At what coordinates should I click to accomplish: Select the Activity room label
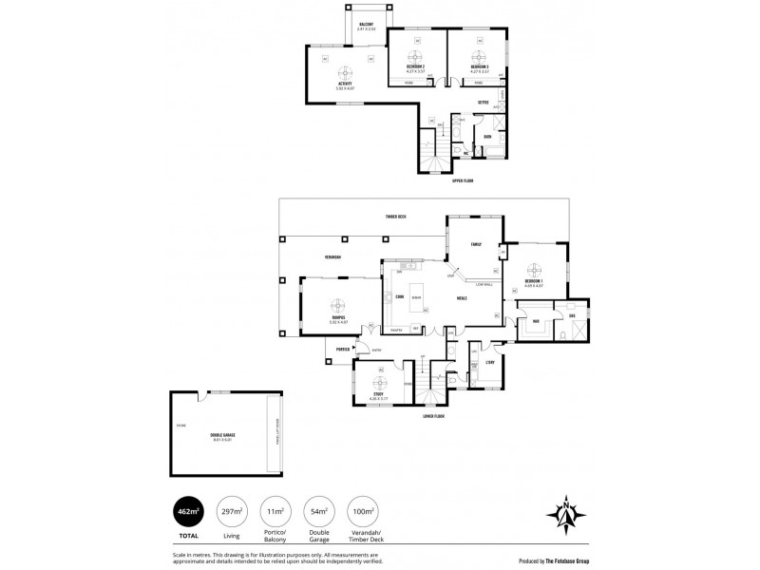pyautogui.click(x=345, y=85)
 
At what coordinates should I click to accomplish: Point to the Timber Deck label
pyautogui.click(x=396, y=218)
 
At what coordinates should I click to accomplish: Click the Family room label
pyautogui.click(x=477, y=244)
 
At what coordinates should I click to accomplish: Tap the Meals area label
pyautogui.click(x=462, y=298)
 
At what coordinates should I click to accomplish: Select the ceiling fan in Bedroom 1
pyautogui.click(x=534, y=266)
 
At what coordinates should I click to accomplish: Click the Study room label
pyautogui.click(x=379, y=394)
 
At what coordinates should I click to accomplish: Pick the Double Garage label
pyautogui.click(x=222, y=435)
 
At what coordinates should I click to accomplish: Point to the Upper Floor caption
pyautogui.click(x=463, y=180)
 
